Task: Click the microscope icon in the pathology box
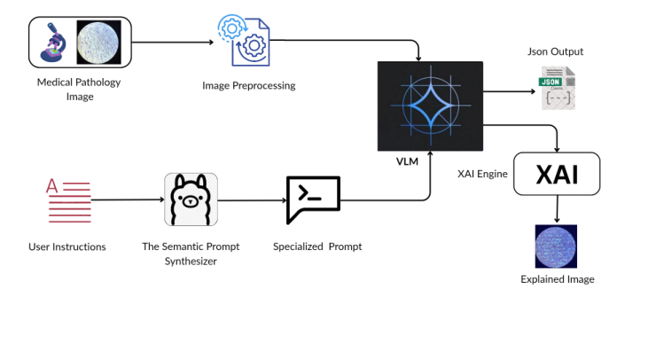(54, 43)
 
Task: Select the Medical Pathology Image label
(78, 90)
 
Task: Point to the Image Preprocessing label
(248, 86)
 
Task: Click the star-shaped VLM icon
(430, 106)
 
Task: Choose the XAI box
(557, 174)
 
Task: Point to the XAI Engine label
(482, 174)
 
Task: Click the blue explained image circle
(558, 246)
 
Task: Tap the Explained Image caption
(558, 279)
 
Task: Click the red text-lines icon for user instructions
(67, 200)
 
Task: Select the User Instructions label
(67, 247)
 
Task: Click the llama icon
(191, 200)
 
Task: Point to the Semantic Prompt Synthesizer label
(191, 253)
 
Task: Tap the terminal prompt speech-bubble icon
(313, 199)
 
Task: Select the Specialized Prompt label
(316, 247)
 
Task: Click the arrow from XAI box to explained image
(557, 210)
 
